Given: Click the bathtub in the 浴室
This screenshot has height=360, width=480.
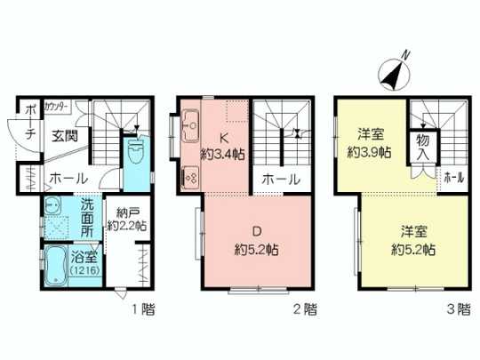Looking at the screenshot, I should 56,265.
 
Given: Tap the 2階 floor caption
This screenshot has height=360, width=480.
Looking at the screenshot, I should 305,310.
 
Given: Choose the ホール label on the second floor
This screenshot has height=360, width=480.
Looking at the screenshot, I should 280,180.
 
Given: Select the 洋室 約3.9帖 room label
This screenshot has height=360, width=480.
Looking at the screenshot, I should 371,142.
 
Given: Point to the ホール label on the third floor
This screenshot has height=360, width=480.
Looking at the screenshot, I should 453,178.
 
